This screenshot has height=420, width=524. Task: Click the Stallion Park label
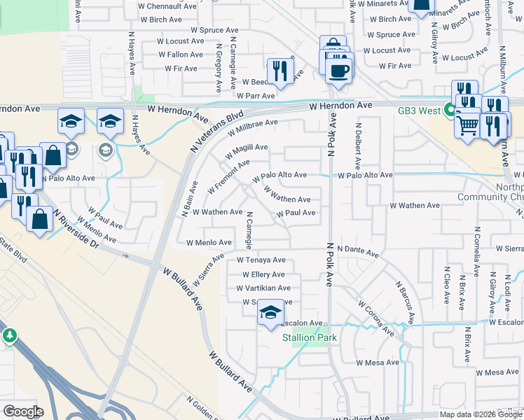[x=310, y=337]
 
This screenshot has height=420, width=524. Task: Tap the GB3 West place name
[x=419, y=111]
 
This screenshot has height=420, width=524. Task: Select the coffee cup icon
[x=339, y=71]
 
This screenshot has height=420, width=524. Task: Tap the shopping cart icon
[x=467, y=126]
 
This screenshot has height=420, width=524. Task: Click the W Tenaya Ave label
[x=261, y=260]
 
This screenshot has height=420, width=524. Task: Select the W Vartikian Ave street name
[x=263, y=288]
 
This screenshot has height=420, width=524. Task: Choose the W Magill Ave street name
[x=246, y=148]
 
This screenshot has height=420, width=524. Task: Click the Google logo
[x=23, y=412]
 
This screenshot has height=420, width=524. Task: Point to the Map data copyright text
[x=481, y=414]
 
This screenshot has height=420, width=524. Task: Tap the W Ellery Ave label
[x=260, y=274]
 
